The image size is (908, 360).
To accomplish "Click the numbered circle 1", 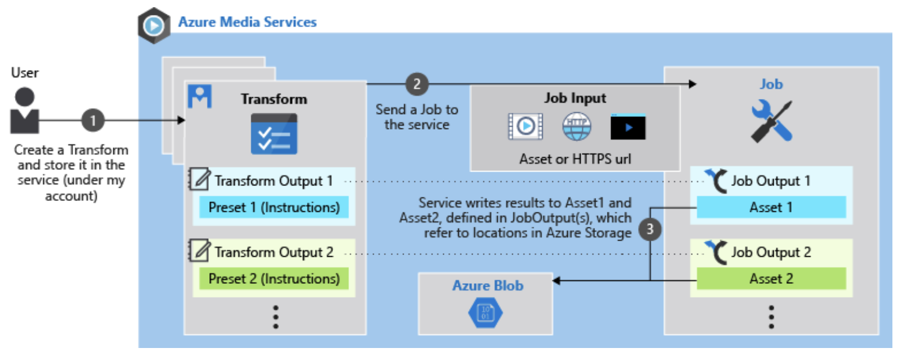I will pos(92,120).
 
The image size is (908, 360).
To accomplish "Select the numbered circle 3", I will pos(650,228).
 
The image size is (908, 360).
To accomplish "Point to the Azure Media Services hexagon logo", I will pos(154,25).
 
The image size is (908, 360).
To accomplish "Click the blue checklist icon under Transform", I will pos(273,134).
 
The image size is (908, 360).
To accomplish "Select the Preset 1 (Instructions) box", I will pos(274,208).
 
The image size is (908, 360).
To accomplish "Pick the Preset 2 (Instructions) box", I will pos(274,278).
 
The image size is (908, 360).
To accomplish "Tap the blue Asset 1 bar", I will pos(771,208).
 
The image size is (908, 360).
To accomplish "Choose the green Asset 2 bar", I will pos(771,278).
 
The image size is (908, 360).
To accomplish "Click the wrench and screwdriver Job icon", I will pos(772,121).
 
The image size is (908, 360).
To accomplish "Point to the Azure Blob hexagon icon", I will pos(486,313).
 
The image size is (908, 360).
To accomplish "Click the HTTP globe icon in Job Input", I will pos(576,127).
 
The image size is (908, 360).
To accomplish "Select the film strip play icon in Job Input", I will pos(525,127).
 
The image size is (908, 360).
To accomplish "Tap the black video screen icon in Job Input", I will pos(628,127).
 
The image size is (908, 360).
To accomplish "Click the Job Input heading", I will pos(575,98).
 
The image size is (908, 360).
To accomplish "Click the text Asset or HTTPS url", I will pos(575,159).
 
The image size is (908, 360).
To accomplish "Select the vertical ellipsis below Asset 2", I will pos(771,316).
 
